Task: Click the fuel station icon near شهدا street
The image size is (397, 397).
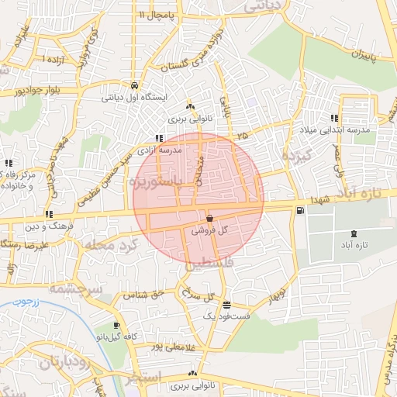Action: coord(299,210)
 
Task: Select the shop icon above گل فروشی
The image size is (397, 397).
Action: coord(210,219)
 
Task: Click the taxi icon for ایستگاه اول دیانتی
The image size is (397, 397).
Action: coord(135,85)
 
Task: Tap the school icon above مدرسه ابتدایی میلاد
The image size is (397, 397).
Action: coord(334,118)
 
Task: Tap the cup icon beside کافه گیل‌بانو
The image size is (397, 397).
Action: coord(116,326)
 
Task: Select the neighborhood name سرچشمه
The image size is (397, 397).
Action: coord(77,288)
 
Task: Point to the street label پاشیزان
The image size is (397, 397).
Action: coord(356,55)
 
